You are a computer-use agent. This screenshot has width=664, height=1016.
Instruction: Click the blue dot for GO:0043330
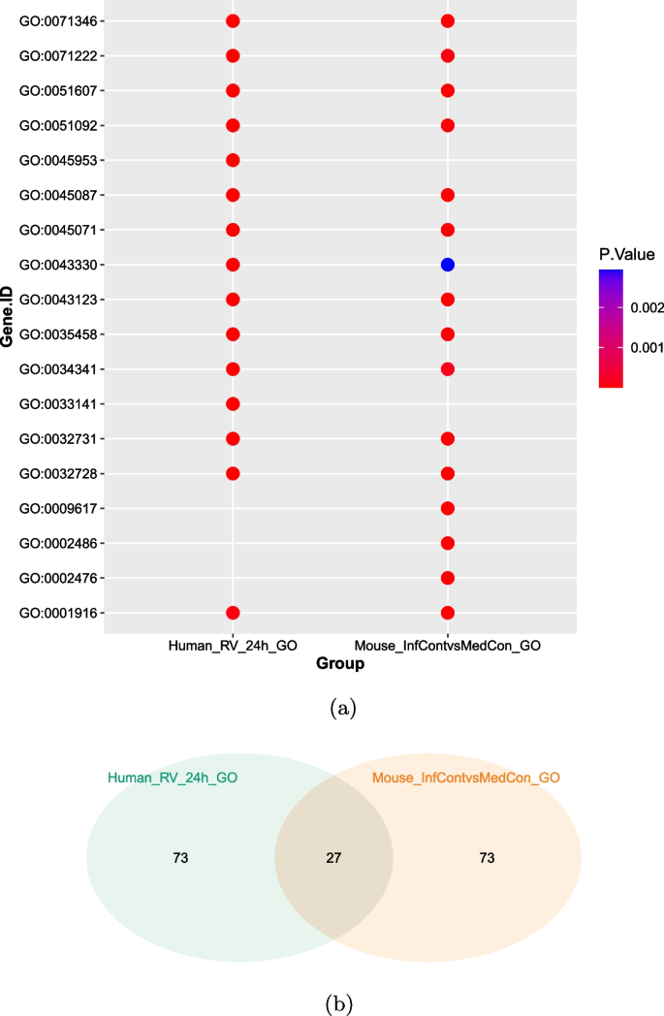tap(447, 265)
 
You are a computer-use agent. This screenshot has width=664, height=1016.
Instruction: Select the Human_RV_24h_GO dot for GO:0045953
tap(233, 160)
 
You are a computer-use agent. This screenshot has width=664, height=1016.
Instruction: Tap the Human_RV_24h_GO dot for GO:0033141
tap(233, 404)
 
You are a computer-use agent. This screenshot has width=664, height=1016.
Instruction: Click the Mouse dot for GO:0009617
tap(447, 508)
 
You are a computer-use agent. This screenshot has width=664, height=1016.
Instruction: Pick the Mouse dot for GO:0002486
tap(447, 543)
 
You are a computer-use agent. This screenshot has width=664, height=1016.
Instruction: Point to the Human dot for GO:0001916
tap(233, 613)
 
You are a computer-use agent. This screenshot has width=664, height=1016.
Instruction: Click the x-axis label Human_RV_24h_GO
tap(233, 646)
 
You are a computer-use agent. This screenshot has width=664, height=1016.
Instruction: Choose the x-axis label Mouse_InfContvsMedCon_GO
tap(447, 646)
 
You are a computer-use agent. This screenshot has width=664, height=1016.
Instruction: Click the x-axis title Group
tap(339, 664)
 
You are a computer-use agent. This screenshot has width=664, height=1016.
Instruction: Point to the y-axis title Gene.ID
tap(8, 317)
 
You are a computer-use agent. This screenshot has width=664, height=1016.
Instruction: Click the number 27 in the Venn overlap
tap(333, 858)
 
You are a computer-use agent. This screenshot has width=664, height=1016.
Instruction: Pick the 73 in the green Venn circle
tap(180, 858)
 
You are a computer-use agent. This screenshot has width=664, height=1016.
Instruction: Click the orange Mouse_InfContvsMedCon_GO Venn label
tap(465, 778)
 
